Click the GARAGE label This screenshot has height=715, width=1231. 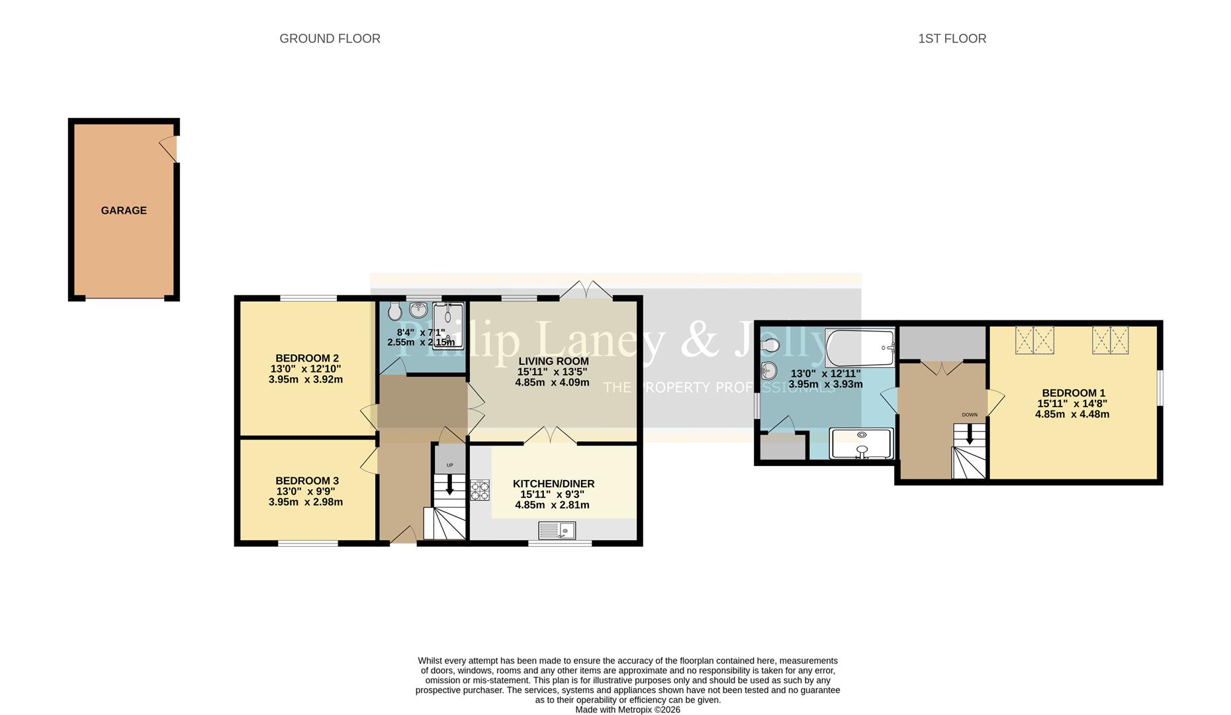point(124,211)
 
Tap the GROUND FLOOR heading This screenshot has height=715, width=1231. point(330,38)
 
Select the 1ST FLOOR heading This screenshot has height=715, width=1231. point(952,38)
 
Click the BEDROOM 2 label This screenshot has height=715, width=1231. point(307,358)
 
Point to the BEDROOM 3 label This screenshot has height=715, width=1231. point(307,481)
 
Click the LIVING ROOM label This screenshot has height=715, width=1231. point(553,361)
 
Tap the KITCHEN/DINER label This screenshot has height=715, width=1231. point(553,484)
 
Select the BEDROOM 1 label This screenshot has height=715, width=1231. point(1073,393)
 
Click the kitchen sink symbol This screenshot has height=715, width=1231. point(557,530)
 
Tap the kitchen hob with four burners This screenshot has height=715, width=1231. point(480,490)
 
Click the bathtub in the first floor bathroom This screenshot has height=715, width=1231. point(860,348)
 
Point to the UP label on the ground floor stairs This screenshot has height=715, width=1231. point(450,465)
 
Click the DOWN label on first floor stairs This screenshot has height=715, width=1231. point(969,415)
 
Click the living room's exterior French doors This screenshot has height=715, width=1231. point(586,290)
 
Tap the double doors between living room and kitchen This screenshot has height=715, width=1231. point(550,436)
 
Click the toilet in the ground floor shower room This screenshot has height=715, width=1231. point(395,312)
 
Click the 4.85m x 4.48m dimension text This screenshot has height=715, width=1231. point(1072,414)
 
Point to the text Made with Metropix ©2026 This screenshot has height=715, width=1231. point(627,710)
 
